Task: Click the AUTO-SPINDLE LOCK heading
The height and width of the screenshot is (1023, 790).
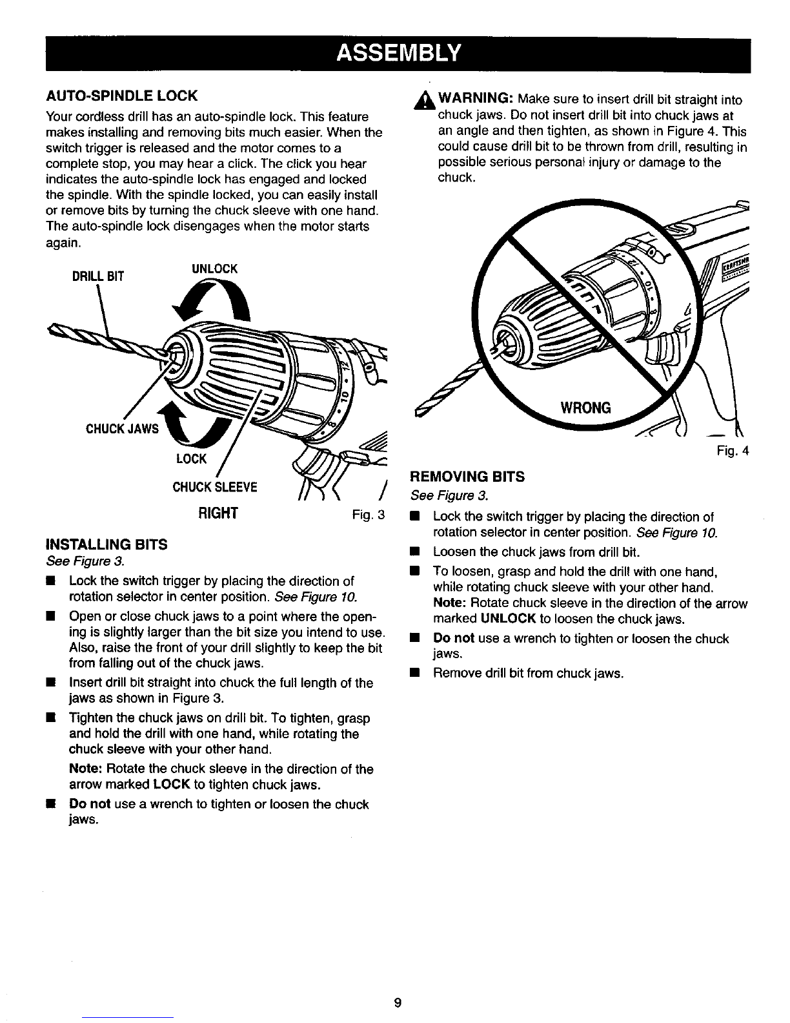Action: [x=121, y=96]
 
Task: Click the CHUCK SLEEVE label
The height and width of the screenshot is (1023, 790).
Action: [x=214, y=486]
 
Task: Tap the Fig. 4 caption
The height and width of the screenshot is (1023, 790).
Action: [x=731, y=451]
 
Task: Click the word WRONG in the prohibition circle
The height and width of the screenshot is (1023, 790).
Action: [x=585, y=408]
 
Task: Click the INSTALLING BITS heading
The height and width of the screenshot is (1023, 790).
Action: [x=106, y=544]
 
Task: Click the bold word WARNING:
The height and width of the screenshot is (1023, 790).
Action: [x=476, y=99]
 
